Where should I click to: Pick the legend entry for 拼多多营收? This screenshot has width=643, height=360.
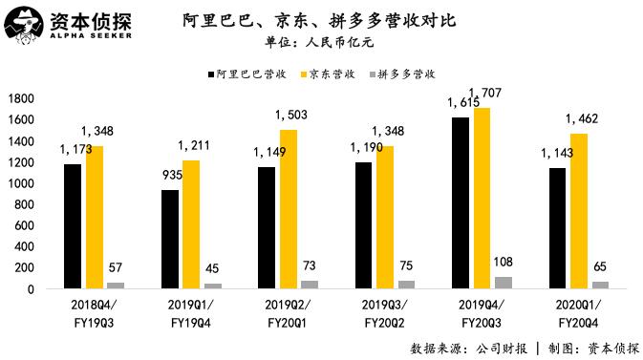coord(406,73)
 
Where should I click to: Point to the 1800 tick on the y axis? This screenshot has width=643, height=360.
coord(21,98)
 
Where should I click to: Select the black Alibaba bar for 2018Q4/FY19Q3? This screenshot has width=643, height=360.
coord(74,226)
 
